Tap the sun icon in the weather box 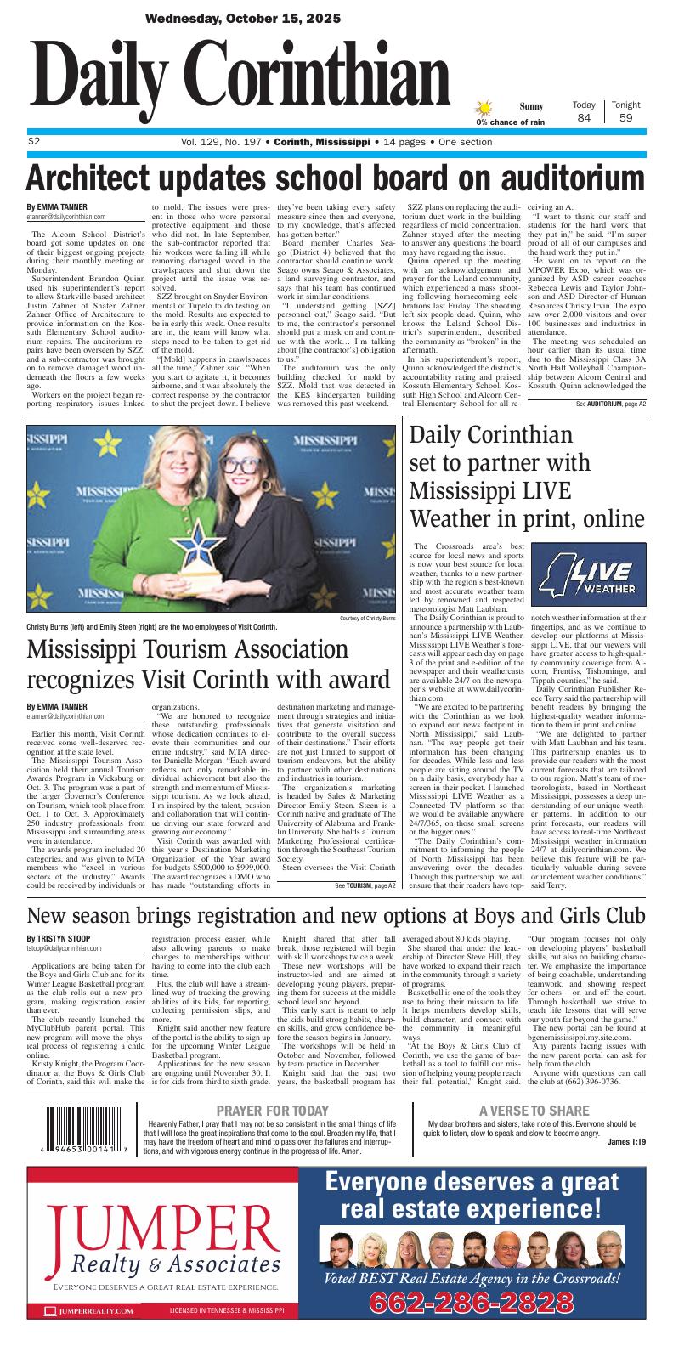(484, 108)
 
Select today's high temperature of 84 (584, 118)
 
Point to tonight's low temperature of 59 (625, 118)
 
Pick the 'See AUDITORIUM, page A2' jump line (610, 404)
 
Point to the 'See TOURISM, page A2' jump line (365, 862)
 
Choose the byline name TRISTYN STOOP (59, 937)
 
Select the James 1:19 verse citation (627, 1141)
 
